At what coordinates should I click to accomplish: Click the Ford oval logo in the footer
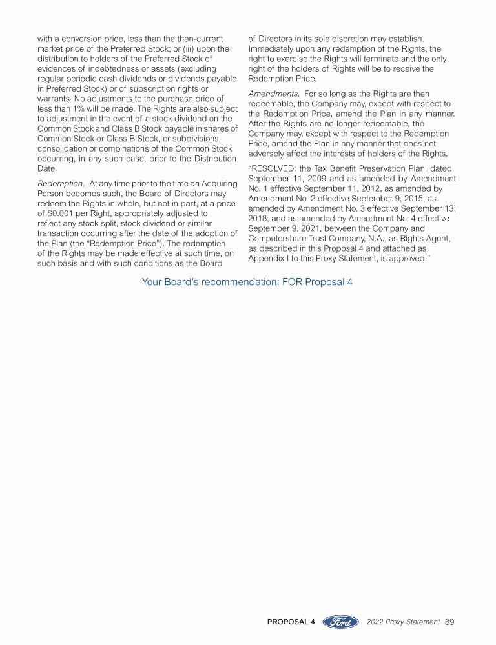[340, 622]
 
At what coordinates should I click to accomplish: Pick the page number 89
[450, 622]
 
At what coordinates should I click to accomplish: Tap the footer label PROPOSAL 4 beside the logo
[291, 622]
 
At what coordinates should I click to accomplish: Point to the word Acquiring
[218, 184]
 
